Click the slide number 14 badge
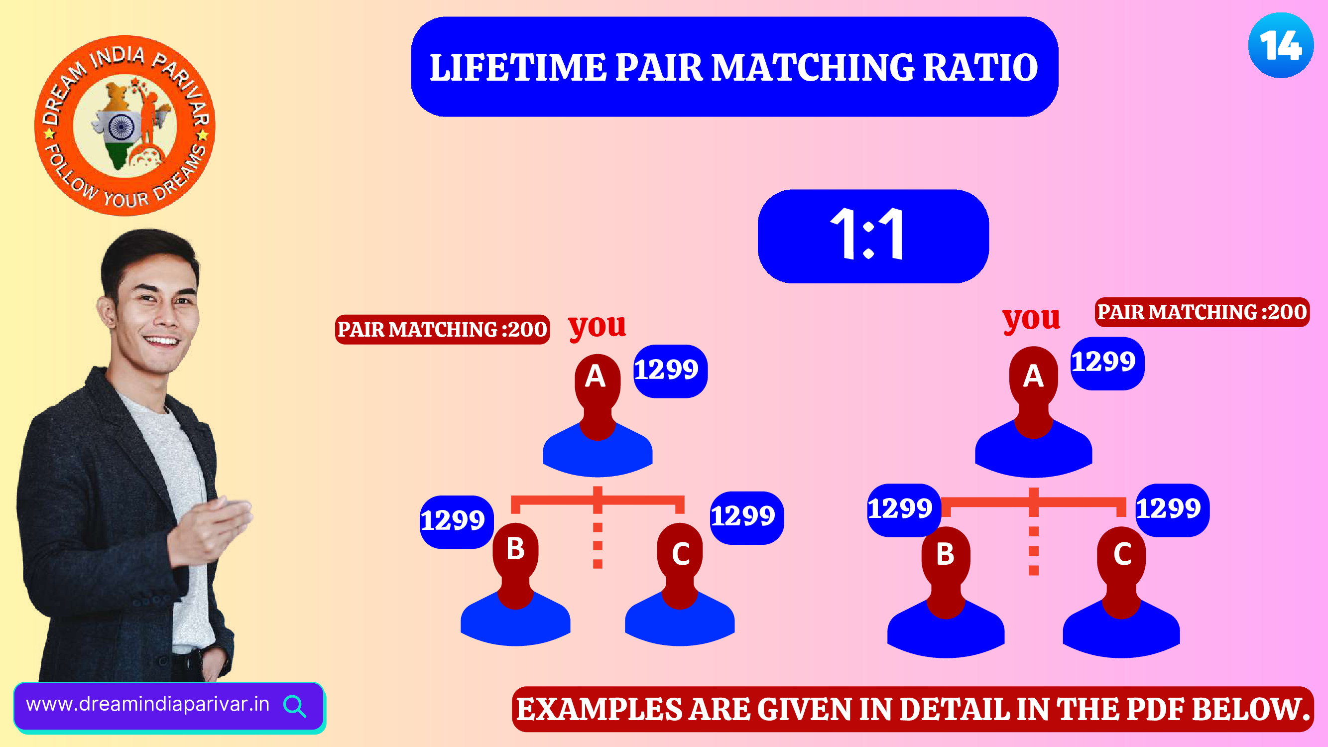1281,45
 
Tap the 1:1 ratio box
873,236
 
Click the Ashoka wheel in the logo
121,126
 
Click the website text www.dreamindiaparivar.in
147,704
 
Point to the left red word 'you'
597,326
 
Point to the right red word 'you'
1031,319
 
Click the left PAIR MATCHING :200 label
442,329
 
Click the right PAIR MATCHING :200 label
1202,312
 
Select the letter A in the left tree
595,376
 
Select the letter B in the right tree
945,554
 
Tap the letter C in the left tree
681,554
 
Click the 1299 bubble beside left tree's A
670,371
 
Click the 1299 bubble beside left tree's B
456,522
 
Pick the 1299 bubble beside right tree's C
1172,510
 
